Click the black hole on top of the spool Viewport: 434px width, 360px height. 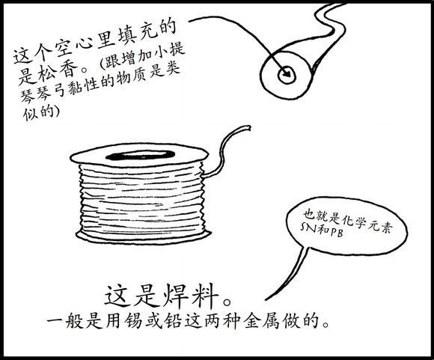coord(141,156)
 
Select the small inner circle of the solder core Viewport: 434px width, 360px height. coord(287,75)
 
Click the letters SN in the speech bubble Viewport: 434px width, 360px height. coord(308,228)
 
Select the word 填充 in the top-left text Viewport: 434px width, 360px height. coord(136,34)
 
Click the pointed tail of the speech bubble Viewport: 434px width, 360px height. coord(266,299)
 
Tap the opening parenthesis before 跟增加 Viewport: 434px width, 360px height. coord(103,63)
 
